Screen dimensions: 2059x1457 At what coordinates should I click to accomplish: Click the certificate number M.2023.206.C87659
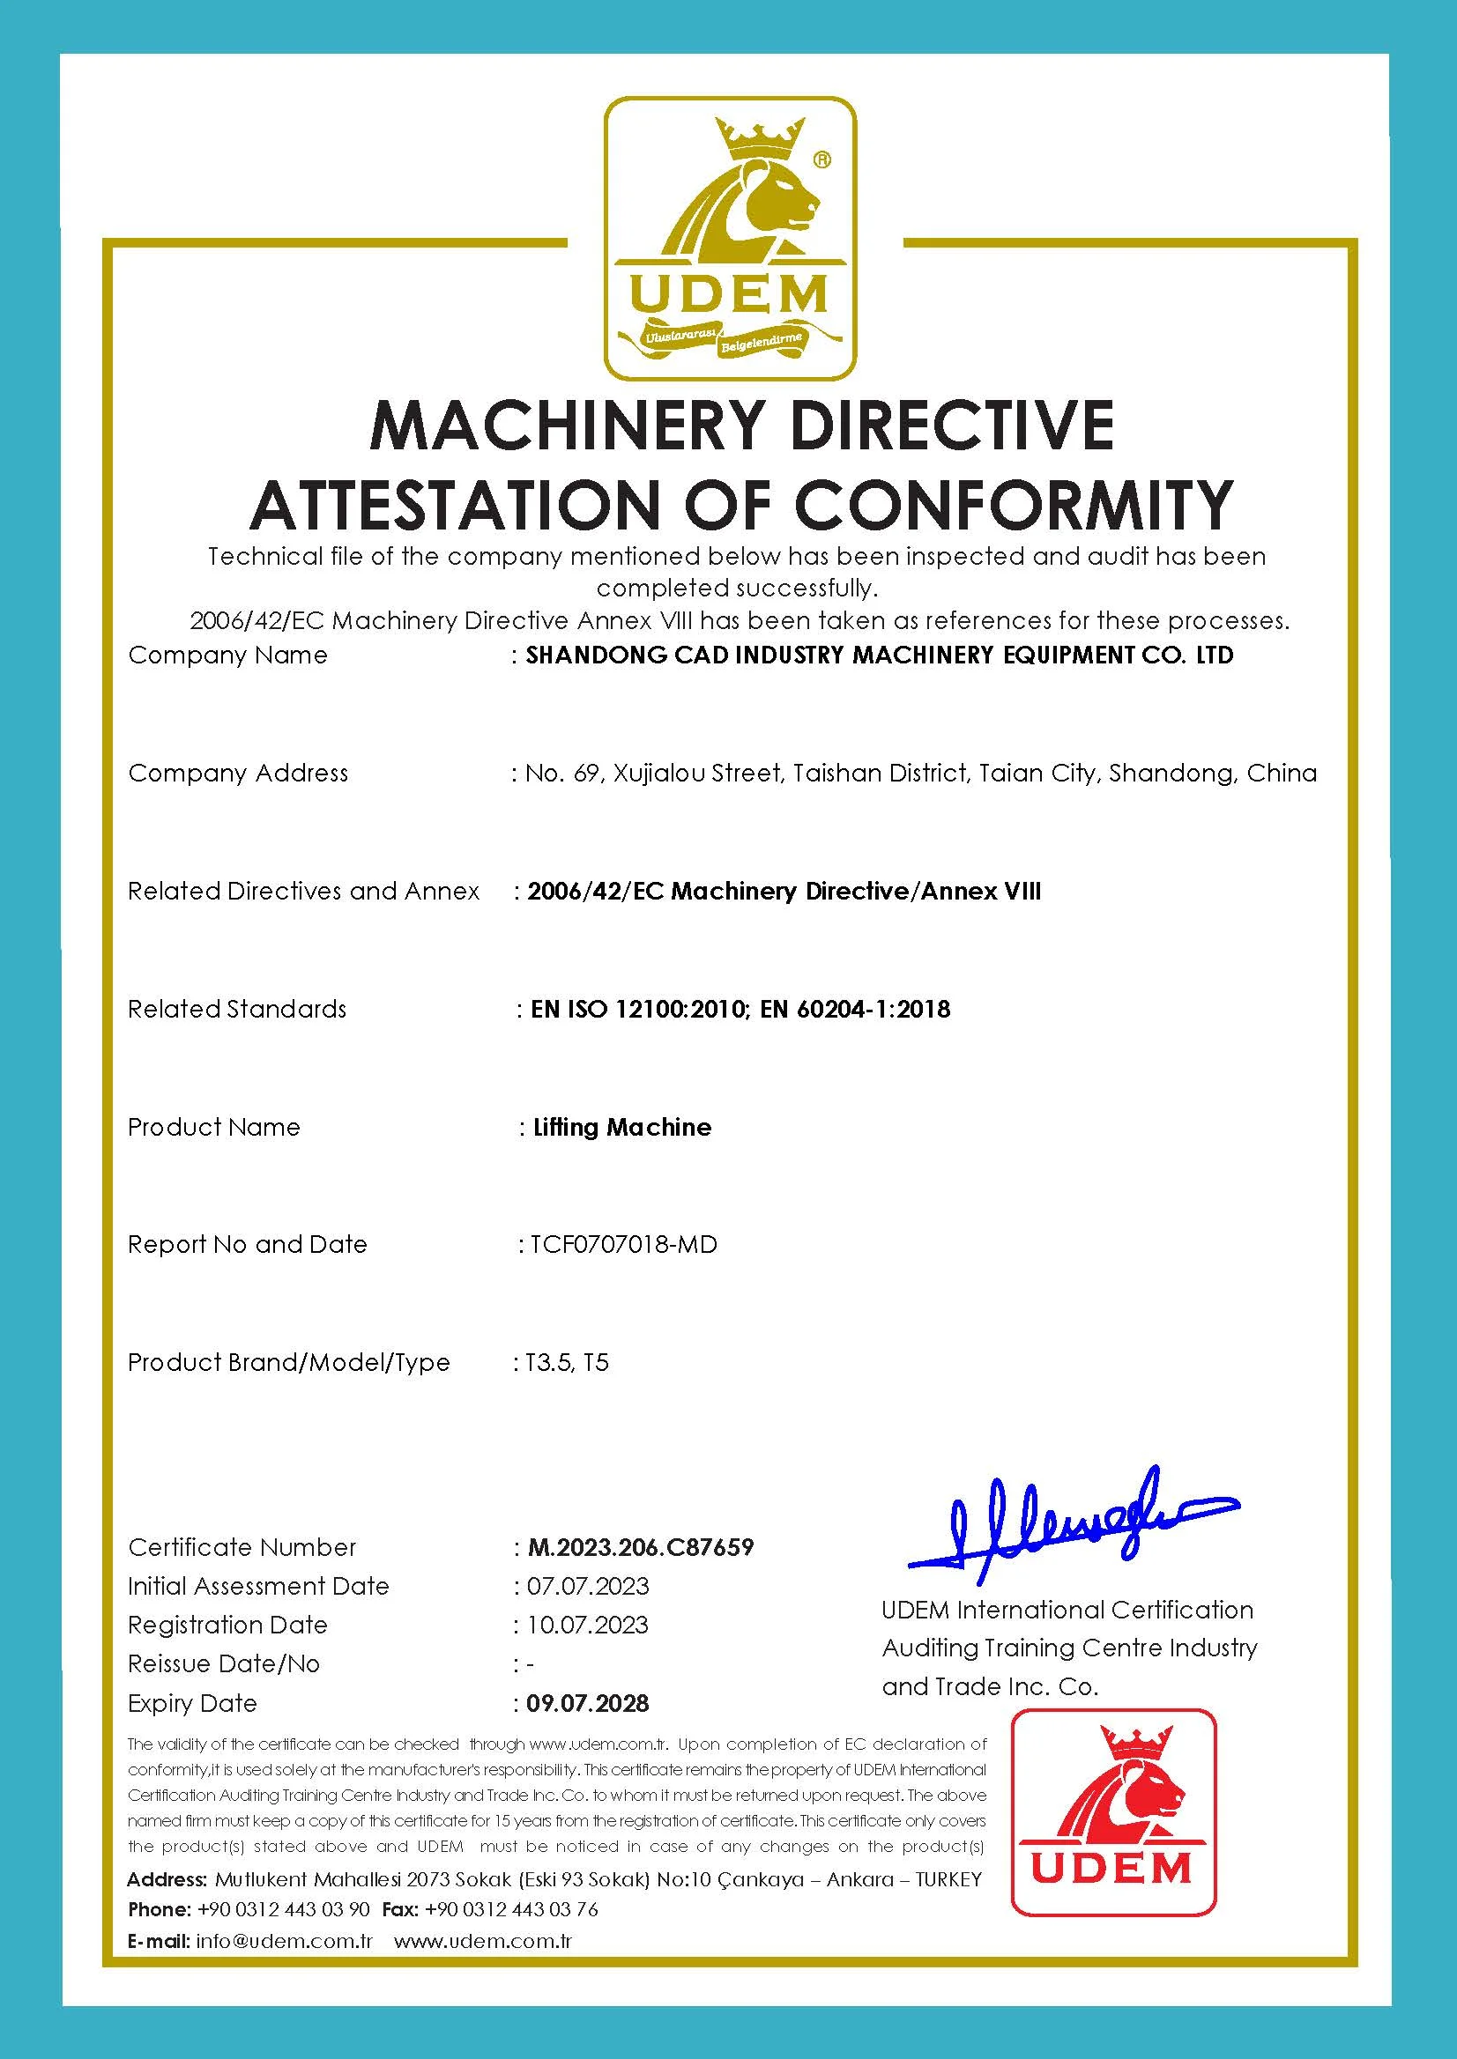tap(641, 1547)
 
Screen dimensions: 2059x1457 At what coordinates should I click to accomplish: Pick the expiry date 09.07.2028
tap(588, 1703)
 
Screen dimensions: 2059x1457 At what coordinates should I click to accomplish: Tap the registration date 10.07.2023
tap(588, 1625)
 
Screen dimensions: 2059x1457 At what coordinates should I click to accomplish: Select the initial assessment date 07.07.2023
tap(588, 1586)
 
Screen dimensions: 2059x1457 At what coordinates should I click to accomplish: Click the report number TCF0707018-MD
tap(624, 1244)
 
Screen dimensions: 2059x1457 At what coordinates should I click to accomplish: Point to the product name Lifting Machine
tap(621, 1127)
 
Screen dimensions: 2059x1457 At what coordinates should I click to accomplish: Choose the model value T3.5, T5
tap(567, 1362)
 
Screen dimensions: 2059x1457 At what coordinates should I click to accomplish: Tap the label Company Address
tap(238, 773)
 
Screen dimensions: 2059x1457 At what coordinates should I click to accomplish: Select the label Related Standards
tap(237, 1009)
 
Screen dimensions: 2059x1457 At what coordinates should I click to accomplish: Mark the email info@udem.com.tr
tap(284, 1942)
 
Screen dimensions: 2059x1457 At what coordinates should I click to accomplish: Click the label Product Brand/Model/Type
tap(289, 1362)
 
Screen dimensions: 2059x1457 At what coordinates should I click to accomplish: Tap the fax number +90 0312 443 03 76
tap(511, 1909)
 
